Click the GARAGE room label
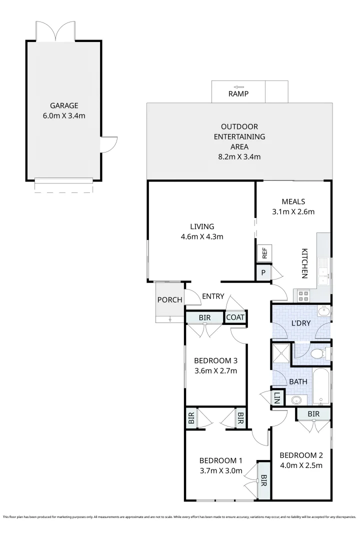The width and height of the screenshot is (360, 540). (64, 105)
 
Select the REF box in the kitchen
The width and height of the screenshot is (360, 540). (264, 253)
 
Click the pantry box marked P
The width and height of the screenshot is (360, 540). (263, 273)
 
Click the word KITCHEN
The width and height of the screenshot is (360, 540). (304, 263)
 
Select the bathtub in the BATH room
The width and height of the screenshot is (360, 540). (321, 387)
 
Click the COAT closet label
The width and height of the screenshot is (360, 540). (235, 317)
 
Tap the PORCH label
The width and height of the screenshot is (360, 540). (170, 300)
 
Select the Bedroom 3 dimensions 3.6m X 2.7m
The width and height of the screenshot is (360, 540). (215, 371)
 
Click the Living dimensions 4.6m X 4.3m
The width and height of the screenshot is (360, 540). (202, 236)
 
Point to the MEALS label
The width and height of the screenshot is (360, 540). (293, 201)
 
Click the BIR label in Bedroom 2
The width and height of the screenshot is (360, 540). (313, 413)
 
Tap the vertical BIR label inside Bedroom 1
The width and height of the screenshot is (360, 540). (264, 480)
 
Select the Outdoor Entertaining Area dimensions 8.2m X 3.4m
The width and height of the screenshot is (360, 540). (239, 156)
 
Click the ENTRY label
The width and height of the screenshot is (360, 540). (213, 296)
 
